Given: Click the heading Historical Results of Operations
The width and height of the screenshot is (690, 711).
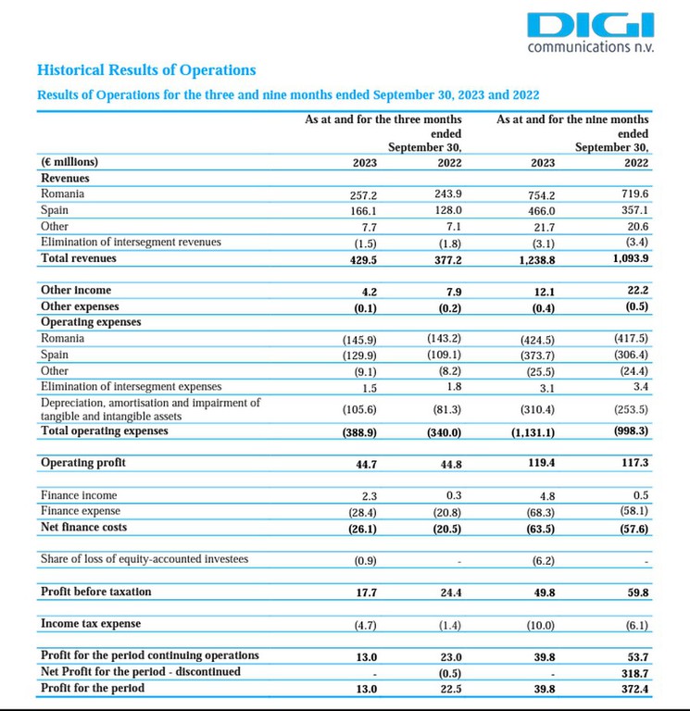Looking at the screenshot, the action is coord(146,69).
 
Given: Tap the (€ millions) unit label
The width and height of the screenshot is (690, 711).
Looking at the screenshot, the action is coord(69,162).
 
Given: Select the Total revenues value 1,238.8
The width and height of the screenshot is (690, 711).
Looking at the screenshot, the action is coord(536,260).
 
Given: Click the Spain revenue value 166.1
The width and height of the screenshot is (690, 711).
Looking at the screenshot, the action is coord(363,211).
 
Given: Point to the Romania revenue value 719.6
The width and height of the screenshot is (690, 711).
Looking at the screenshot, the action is coord(634,193).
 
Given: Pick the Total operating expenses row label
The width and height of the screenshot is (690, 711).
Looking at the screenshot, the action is coord(105,430).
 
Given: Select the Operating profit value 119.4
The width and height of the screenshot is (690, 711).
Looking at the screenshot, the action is coord(541,463).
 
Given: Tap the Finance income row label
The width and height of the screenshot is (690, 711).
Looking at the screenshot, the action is coord(79,495).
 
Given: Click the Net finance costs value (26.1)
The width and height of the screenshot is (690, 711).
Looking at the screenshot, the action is coord(362,530).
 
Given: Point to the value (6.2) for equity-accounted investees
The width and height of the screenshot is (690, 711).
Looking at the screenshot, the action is coord(543,561).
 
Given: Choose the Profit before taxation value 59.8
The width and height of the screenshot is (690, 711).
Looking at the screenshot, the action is coord(638,592).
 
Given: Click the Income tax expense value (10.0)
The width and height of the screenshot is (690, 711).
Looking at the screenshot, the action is coord(540,625).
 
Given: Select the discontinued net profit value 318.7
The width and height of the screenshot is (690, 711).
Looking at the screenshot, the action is coord(634,673).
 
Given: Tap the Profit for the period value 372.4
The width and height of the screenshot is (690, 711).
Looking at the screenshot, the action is coord(634,689).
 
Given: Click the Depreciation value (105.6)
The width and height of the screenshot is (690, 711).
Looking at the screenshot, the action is coord(359,409).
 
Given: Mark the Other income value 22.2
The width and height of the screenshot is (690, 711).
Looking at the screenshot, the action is coord(638,290).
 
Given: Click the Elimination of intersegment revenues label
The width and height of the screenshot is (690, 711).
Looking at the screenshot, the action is coord(131,243).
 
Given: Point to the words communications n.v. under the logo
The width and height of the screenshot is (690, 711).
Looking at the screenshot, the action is coord(591,47).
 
